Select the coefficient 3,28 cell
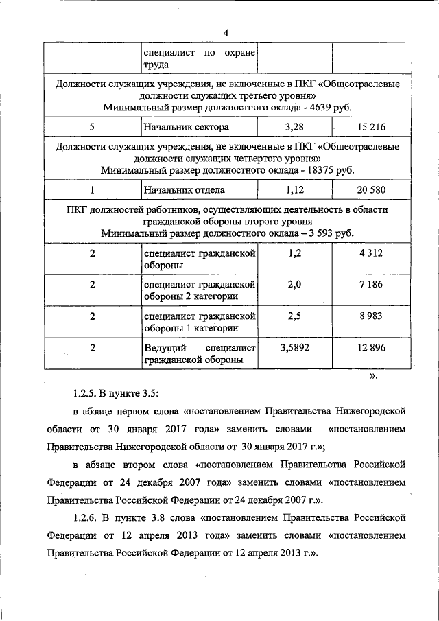click(295, 127)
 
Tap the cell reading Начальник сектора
click(186, 128)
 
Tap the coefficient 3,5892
click(295, 348)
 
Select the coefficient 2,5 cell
click(295, 316)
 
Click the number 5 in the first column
click(92, 128)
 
